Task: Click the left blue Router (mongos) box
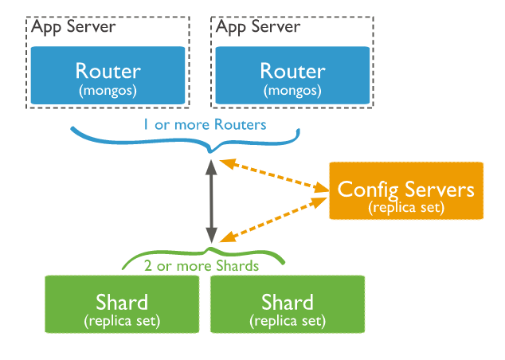[108, 76]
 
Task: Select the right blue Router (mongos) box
[292, 76]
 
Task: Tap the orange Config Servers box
[406, 190]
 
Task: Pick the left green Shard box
[122, 304]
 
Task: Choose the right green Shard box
[288, 304]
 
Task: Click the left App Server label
[73, 27]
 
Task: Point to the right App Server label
[258, 27]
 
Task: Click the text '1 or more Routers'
[206, 124]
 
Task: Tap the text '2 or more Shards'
[202, 266]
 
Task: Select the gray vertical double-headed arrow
[211, 202]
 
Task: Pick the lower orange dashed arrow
[273, 220]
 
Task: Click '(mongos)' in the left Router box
[108, 91]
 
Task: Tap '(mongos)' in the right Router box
[292, 91]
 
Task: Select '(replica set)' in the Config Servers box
[406, 207]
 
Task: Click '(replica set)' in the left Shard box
[122, 321]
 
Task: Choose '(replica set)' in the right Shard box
[288, 321]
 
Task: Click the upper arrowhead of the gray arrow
[211, 166]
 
